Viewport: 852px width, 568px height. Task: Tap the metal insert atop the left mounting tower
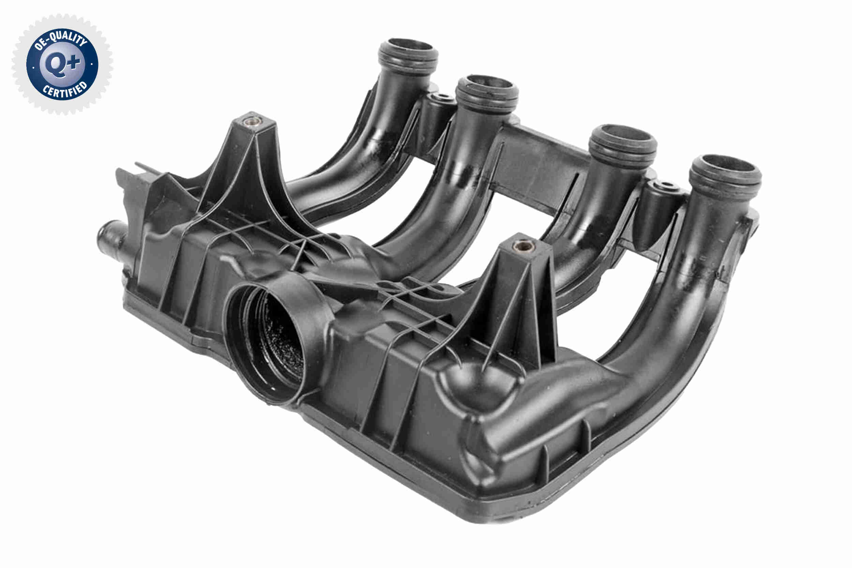pos(252,121)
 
